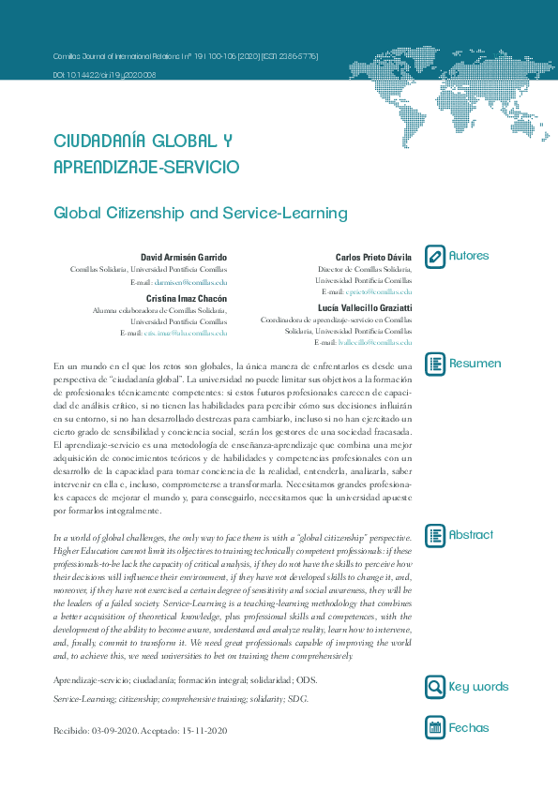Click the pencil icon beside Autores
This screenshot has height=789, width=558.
435,256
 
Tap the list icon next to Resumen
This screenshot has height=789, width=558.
435,364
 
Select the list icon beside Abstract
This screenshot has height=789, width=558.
435,535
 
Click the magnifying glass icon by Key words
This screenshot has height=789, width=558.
435,687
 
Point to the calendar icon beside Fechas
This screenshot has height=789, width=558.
435,727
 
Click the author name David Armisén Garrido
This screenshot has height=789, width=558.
184,257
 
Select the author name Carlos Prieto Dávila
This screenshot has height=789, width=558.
373,257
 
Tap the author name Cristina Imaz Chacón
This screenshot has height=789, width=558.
187,298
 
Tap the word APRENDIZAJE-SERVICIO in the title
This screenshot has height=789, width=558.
146,167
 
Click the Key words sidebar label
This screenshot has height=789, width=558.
478,687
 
